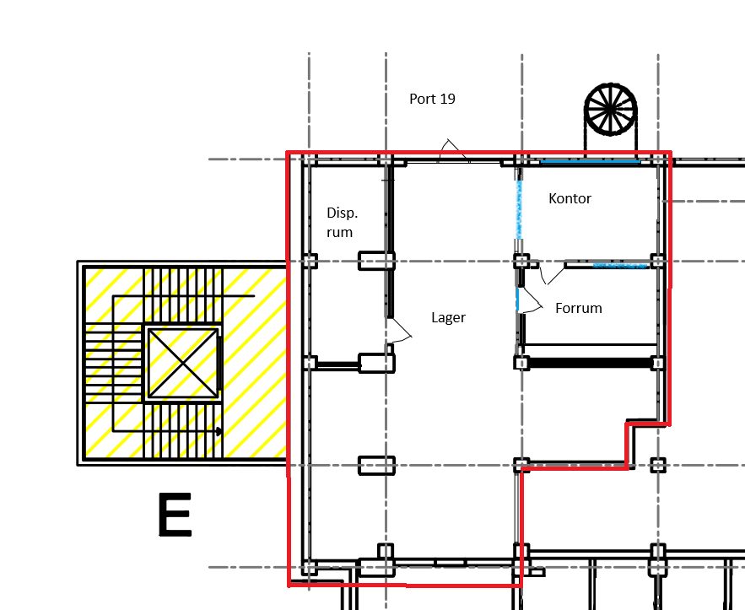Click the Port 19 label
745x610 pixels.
[x=432, y=99]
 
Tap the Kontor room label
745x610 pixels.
[x=570, y=198]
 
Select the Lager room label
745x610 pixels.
[x=448, y=317]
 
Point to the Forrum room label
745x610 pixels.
[x=579, y=308]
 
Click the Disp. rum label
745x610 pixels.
[x=342, y=223]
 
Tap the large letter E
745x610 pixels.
[x=175, y=515]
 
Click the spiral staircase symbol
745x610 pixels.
[x=611, y=110]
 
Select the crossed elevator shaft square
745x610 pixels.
[x=183, y=363]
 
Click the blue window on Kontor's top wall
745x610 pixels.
[x=590, y=161]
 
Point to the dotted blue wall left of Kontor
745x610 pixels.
[x=519, y=209]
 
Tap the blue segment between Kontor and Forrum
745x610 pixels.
[x=620, y=266]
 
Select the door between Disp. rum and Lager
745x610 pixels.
[x=398, y=330]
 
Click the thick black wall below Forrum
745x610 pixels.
[x=589, y=364]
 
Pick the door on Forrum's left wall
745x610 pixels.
[x=529, y=300]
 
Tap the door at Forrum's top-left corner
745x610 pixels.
[x=551, y=275]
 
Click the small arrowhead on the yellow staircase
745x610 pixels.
[x=219, y=431]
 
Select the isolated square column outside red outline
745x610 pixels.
[x=658, y=465]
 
